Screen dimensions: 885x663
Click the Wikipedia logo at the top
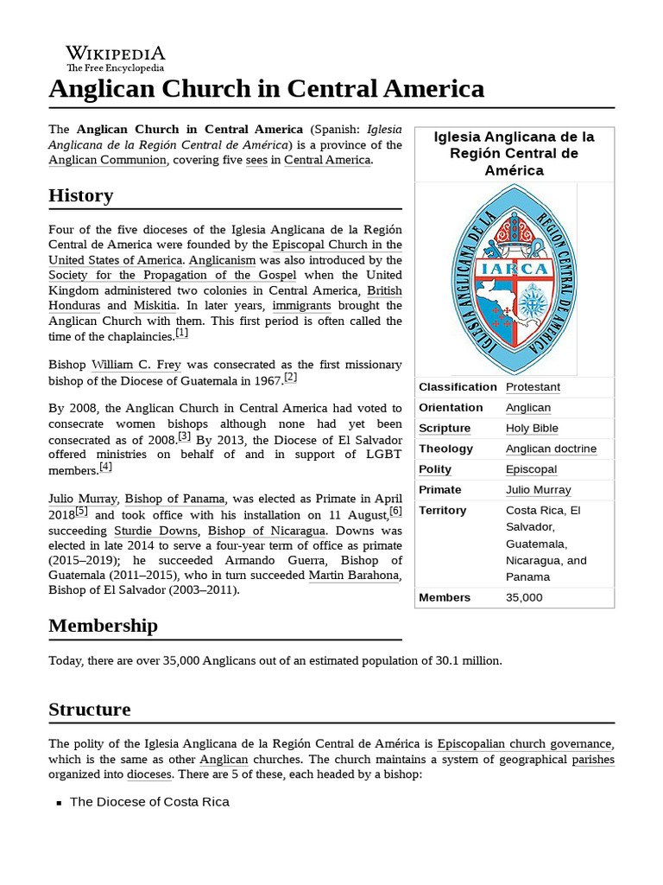pos(115,58)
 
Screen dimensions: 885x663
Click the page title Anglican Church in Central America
pos(266,88)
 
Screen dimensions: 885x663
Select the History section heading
pos(80,195)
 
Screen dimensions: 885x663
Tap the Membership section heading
pos(103,625)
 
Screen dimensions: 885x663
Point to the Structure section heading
pos(89,710)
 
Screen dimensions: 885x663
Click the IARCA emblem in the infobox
pos(515,279)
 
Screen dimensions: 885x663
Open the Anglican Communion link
pos(107,160)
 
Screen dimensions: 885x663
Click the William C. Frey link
pos(136,365)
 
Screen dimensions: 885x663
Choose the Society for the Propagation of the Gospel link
pos(172,275)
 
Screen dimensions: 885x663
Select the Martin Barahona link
pos(354,576)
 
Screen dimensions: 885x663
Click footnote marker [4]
pos(105,467)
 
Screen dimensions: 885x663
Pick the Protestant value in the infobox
pos(533,386)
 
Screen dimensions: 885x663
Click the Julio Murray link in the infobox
pos(538,490)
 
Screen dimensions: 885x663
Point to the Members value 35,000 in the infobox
pos(524,597)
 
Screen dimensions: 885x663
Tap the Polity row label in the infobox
pos(435,469)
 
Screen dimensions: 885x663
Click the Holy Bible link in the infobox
pos(532,428)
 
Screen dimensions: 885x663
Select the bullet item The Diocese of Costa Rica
pos(149,801)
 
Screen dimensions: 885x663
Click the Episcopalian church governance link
pos(524,744)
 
